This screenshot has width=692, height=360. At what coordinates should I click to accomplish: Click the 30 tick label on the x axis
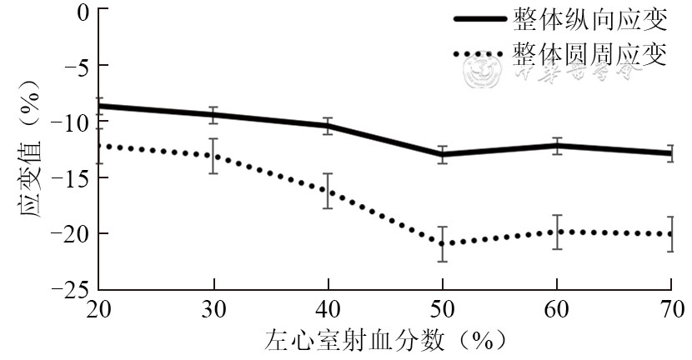coord(214,308)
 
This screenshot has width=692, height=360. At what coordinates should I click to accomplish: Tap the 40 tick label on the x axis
coord(328,308)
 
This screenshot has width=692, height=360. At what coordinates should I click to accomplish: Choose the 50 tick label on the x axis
coord(443,308)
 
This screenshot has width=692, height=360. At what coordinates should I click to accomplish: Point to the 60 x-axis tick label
coord(557,308)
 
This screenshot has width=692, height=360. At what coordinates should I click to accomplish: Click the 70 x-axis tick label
coord(671,308)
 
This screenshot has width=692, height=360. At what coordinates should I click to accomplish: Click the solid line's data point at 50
coord(443,154)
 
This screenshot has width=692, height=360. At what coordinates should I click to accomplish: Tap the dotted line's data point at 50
coord(443,243)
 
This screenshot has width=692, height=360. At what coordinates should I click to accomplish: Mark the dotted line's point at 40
coord(328,191)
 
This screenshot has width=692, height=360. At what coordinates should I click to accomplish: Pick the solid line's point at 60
coord(557,146)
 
